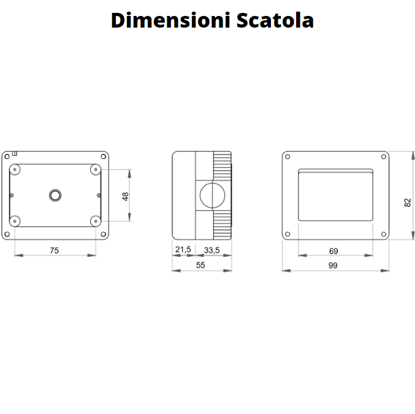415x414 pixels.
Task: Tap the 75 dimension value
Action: pos(55,250)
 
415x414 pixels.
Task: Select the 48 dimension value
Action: pos(126,196)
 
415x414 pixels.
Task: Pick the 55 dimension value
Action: pos(200,265)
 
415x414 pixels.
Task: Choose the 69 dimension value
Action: pos(333,250)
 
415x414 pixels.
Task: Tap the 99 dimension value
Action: pos(333,265)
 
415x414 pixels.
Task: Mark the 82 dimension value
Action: pos(407,202)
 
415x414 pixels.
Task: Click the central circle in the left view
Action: pos(55,195)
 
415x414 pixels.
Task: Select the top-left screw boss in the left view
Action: pos(17,169)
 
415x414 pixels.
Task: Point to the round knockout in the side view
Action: pos(211,195)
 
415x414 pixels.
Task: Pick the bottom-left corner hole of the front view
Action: pos(289,234)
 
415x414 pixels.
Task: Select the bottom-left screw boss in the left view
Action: pos(17,221)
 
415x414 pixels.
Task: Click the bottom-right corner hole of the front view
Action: pos(383,234)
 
